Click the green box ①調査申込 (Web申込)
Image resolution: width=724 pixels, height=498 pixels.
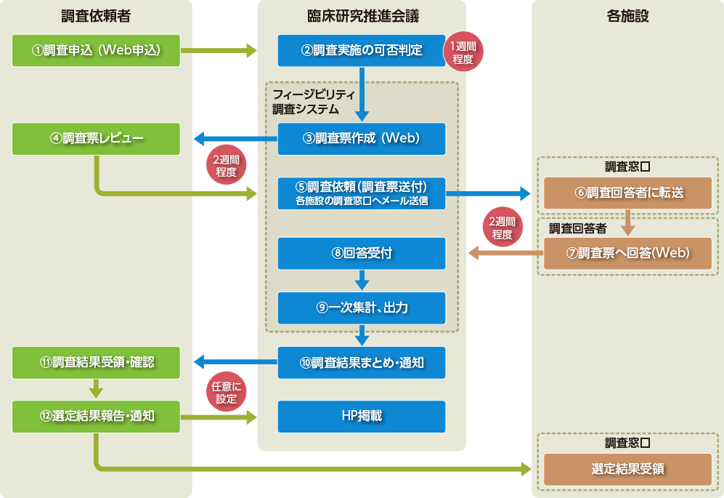(96, 50)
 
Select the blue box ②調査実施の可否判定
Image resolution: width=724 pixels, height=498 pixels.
(361, 50)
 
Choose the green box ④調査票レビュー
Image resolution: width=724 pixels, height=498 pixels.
(96, 139)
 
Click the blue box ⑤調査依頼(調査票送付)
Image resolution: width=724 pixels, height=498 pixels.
(361, 193)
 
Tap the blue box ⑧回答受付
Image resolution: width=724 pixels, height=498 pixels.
(361, 253)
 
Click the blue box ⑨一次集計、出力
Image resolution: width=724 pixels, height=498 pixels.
(361, 308)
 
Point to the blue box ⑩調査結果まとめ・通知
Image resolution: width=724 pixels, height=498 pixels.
(361, 362)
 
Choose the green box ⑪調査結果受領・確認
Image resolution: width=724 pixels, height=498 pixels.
(96, 362)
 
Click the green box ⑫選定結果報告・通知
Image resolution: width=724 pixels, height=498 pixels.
(96, 416)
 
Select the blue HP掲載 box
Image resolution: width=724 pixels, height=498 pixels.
(361, 416)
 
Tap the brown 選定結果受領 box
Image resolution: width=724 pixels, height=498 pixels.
(628, 469)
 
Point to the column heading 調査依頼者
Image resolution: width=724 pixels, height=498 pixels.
(97, 15)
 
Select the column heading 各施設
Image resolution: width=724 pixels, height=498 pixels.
(627, 15)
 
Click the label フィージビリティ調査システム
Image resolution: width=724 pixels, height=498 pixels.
(313, 103)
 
